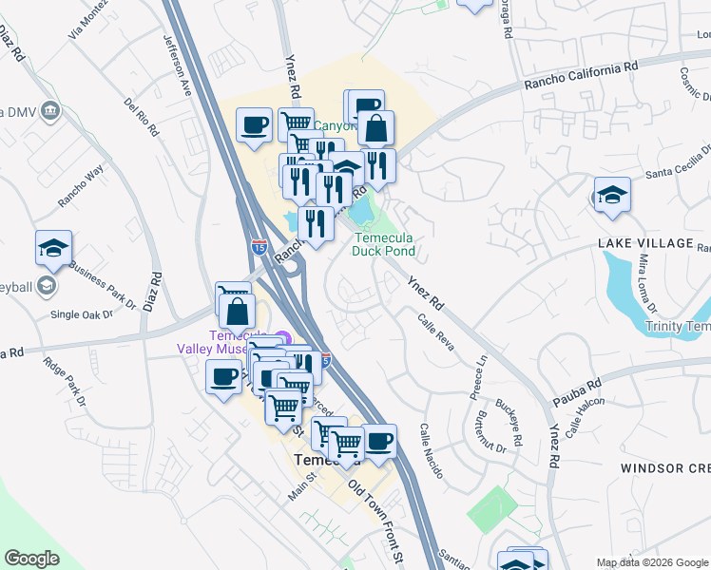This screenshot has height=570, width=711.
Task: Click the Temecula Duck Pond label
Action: (384, 245)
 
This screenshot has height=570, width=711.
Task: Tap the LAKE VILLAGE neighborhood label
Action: (646, 243)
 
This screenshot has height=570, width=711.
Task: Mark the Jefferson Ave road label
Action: (179, 66)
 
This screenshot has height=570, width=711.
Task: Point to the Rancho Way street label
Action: (80, 186)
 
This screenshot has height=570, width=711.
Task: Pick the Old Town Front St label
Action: (377, 518)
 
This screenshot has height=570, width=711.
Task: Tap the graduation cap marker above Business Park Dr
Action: (53, 249)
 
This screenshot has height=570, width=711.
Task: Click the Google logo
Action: (32, 559)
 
